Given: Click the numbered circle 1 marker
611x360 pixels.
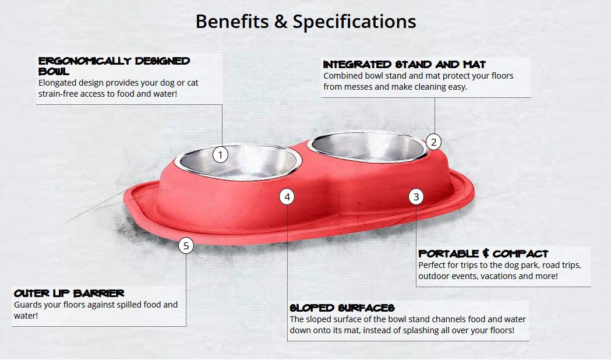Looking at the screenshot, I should [x=220, y=155].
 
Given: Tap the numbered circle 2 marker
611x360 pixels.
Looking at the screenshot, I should [x=433, y=142].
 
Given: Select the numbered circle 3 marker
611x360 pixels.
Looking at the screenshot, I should [x=416, y=197].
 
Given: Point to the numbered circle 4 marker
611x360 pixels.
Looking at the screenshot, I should [x=287, y=197].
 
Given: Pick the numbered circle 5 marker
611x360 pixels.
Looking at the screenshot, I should [x=186, y=246].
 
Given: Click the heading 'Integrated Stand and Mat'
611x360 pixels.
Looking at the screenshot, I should [x=404, y=64].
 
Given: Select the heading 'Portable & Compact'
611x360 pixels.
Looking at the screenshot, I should [x=483, y=253].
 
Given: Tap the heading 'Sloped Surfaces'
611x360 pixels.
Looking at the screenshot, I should [x=342, y=308].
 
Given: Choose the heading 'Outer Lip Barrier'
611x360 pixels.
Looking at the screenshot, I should [x=69, y=293].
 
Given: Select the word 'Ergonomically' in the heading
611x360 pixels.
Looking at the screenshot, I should [x=85, y=61].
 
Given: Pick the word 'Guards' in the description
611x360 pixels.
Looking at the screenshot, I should [x=28, y=305].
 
